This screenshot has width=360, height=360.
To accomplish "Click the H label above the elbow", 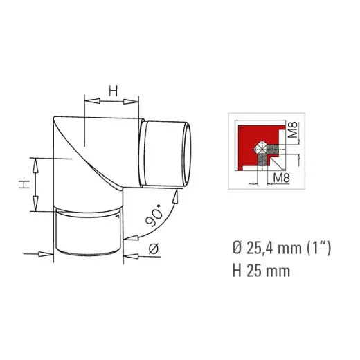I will (114, 90).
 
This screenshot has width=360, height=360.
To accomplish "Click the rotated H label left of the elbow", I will (23, 184).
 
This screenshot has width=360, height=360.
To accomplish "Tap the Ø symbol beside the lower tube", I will (154, 249).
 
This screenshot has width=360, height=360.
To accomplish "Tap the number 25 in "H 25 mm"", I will (254, 270).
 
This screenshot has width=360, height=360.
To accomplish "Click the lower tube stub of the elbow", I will (88, 235).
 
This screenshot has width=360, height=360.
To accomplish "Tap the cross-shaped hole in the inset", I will (262, 147).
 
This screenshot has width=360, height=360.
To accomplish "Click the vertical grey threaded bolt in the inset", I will (263, 163).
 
